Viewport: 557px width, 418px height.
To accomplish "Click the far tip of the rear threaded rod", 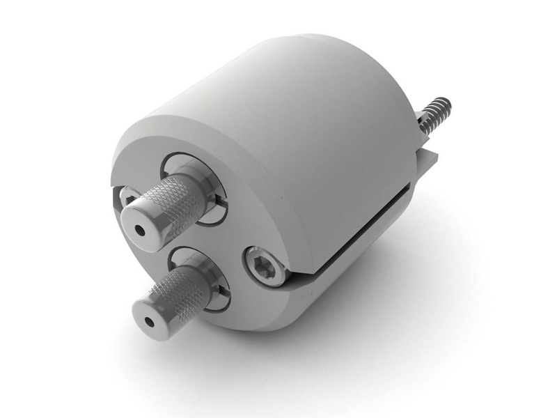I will click(x=446, y=103).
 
